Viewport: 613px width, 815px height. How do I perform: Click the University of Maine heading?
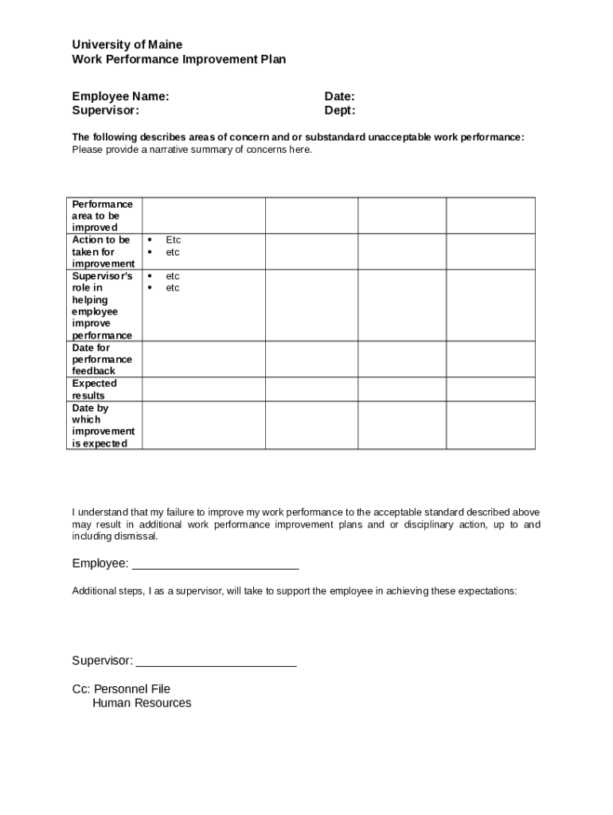[x=127, y=45]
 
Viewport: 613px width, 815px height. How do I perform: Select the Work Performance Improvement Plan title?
[x=178, y=59]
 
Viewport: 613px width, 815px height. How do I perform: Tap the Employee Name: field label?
[x=120, y=96]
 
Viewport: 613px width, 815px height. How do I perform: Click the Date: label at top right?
[x=339, y=96]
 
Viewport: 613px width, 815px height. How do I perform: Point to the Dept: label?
[x=340, y=111]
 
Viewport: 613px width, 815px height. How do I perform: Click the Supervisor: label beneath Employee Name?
[x=105, y=111]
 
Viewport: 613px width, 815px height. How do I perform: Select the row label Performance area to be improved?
[x=103, y=216]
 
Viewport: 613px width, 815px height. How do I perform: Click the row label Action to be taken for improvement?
[x=103, y=252]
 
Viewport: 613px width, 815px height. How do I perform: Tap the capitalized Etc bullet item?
[x=173, y=240]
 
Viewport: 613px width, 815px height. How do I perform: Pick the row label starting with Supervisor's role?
[x=103, y=306]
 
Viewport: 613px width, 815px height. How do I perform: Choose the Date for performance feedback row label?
[x=103, y=359]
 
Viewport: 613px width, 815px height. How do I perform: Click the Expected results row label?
[x=94, y=389]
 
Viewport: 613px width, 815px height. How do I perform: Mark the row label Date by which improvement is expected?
[x=103, y=426]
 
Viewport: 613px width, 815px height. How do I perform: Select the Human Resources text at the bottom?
[x=142, y=704]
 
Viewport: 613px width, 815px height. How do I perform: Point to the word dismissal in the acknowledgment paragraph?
[x=137, y=536]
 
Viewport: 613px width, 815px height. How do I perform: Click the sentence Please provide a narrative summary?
[x=192, y=150]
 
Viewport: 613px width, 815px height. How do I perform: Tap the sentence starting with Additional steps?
[x=295, y=591]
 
